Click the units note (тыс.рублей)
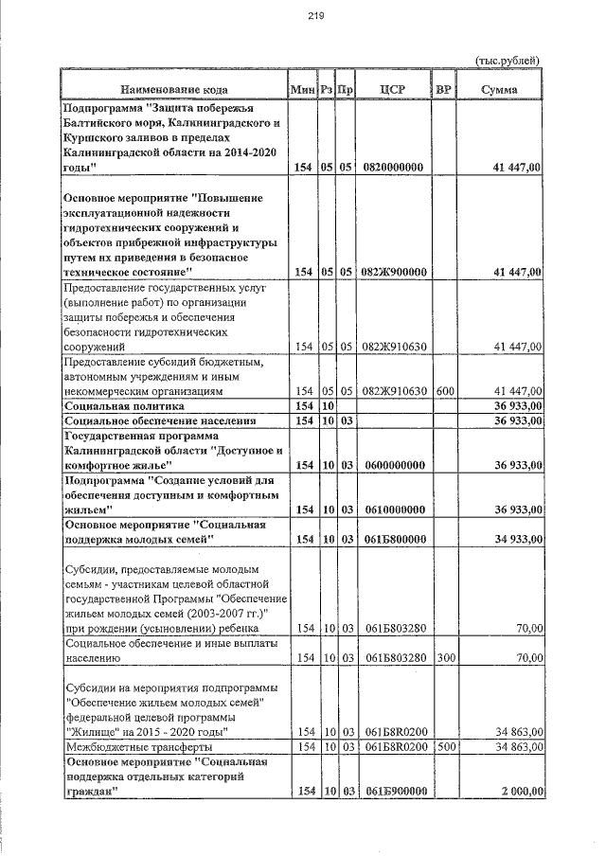(507, 61)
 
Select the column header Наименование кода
(175, 89)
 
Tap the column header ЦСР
(393, 89)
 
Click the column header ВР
(443, 89)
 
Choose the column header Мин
(302, 89)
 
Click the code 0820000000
(393, 167)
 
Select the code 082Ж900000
(393, 272)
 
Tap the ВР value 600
(445, 390)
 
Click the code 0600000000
(393, 465)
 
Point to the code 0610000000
(393, 509)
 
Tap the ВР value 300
(445, 657)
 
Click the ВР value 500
(445, 747)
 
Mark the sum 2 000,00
(519, 792)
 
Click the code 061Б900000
(393, 792)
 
